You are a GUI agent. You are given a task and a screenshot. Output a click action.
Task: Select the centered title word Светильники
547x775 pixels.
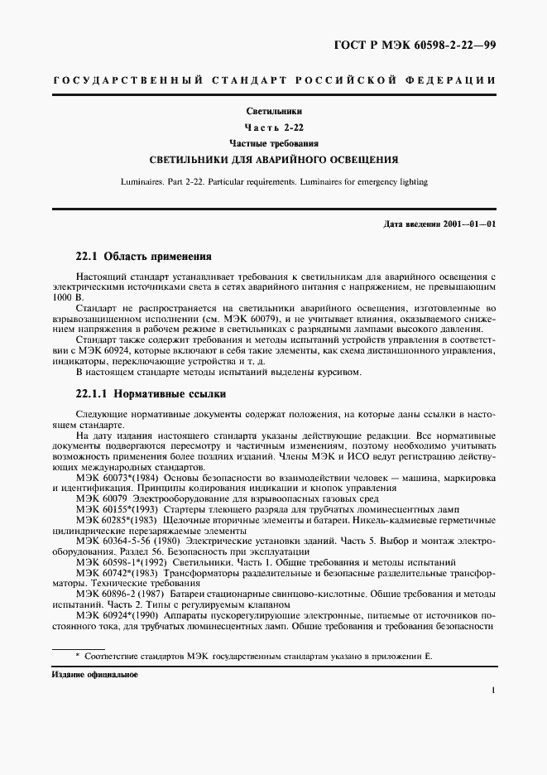tap(274, 111)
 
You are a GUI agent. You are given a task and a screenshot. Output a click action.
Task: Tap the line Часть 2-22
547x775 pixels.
tap(274, 128)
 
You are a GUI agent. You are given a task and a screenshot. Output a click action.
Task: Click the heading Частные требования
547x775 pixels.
tap(274, 143)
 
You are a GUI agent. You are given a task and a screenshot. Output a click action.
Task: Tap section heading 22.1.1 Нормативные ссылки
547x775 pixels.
tap(146, 393)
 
